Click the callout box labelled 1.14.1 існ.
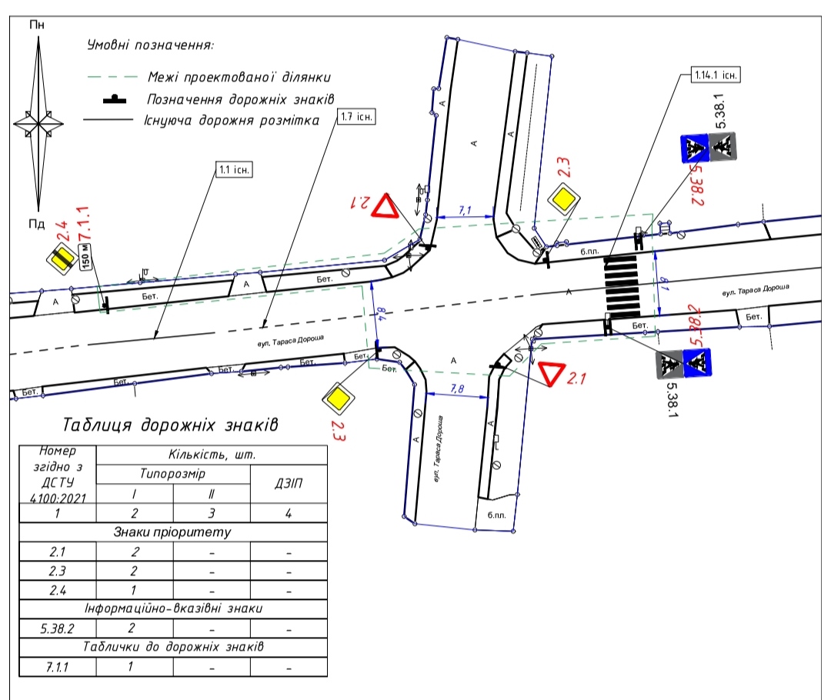point(715,75)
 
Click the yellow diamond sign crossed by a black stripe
point(61,259)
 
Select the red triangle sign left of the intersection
point(385,208)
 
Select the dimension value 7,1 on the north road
point(466,209)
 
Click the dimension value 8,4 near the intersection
point(379,313)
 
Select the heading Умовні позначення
point(150,45)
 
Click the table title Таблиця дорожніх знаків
point(171,425)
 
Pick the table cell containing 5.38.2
point(57,628)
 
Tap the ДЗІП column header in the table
point(289,485)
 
